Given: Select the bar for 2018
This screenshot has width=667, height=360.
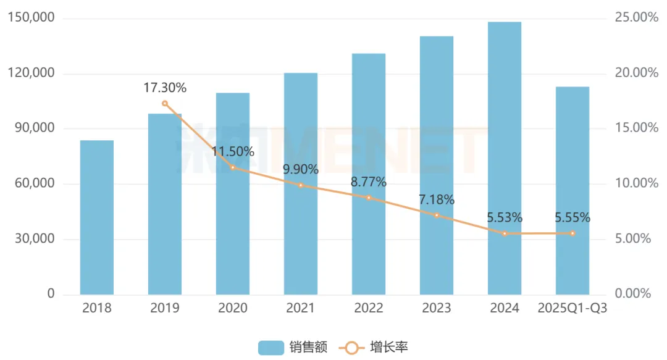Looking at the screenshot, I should tap(97, 217).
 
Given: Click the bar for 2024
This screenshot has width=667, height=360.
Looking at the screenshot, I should tap(505, 158).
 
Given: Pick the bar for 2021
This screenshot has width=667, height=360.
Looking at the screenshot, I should tap(301, 183).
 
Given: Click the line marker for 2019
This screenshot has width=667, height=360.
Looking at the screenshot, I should tap(165, 104).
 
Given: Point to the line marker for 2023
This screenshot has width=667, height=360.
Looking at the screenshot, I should tap(437, 216).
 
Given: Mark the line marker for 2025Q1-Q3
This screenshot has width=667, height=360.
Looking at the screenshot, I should tap(573, 233).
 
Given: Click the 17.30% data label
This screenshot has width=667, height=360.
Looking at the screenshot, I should tap(165, 88).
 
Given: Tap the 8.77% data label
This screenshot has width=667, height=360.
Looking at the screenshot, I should tap(369, 182).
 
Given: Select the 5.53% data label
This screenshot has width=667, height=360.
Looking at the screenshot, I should tap(505, 218).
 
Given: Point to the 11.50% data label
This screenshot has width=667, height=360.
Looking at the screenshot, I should tap(233, 152).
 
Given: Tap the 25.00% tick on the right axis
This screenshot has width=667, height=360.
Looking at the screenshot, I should tap(637, 18).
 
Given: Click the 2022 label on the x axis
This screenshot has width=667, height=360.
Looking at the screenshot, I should tap(369, 308).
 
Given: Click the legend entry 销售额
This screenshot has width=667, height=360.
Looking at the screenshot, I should tap(294, 348).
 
